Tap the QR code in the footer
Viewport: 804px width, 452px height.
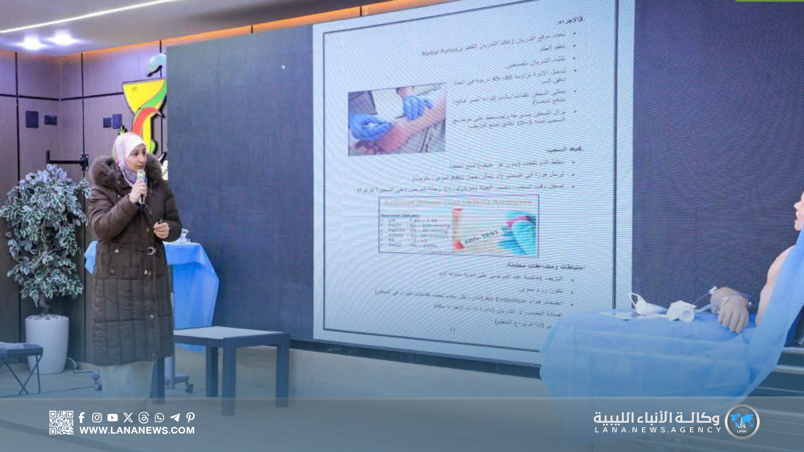click(x=61, y=422)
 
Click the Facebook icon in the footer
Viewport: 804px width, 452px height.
click(x=82, y=417)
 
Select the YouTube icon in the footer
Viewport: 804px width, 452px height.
click(x=112, y=417)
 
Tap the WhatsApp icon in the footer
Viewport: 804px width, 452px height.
click(x=159, y=417)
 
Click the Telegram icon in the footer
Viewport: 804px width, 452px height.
click(x=175, y=417)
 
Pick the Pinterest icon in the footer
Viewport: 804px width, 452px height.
click(x=191, y=417)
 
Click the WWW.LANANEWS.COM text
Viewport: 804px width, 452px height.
click(x=137, y=430)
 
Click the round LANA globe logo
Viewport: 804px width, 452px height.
click(x=742, y=421)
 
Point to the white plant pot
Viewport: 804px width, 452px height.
click(x=47, y=343)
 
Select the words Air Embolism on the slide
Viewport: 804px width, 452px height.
click(x=505, y=300)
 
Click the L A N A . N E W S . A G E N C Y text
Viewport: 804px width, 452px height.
click(x=658, y=430)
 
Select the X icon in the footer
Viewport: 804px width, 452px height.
click(x=128, y=417)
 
